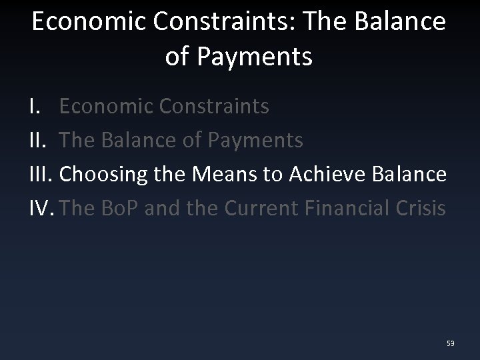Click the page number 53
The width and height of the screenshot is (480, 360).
(451, 343)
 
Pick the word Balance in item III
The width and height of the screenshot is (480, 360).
(408, 175)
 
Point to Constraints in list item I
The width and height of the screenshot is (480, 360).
(216, 106)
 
